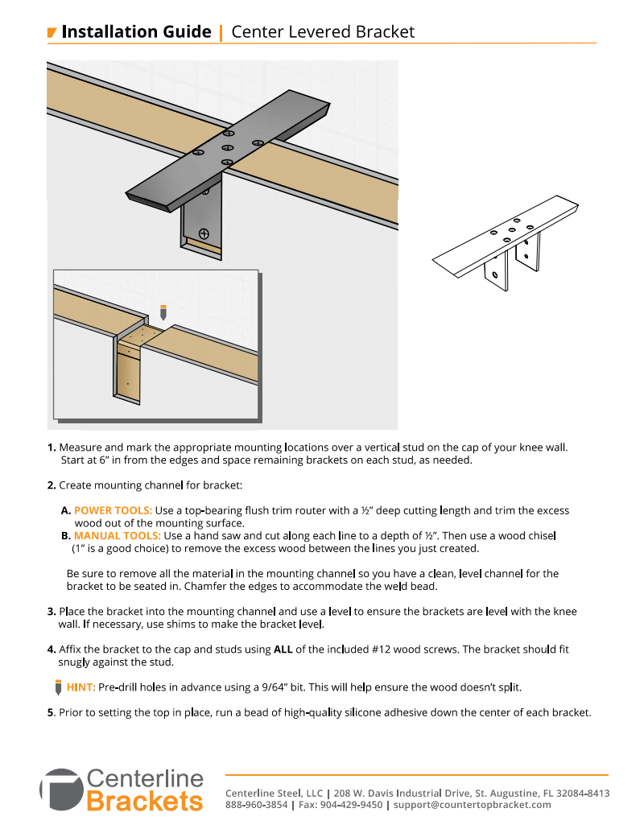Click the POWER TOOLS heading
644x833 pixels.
pos(113,510)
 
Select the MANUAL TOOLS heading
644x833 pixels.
pos(117,536)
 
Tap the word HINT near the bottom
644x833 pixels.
pos(81,687)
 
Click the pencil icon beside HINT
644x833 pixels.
pos(58,687)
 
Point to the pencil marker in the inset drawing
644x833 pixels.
pos(163,312)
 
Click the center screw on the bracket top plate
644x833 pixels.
pos(228,147)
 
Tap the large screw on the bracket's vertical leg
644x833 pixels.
pos(204,233)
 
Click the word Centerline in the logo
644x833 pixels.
pos(145,778)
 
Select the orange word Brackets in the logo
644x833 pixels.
pos(145,802)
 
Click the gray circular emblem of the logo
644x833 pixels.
pos(60,790)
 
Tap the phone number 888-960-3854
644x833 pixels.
pos(256,805)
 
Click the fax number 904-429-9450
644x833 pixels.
pos(351,805)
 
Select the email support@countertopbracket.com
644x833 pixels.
pos(472,805)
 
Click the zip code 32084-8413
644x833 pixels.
pos(582,793)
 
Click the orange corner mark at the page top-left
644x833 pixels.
pos(52,33)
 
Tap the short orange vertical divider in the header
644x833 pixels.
pos(221,33)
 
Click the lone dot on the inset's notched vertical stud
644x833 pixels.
pos(127,385)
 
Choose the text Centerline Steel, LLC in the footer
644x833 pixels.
pos(274,793)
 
